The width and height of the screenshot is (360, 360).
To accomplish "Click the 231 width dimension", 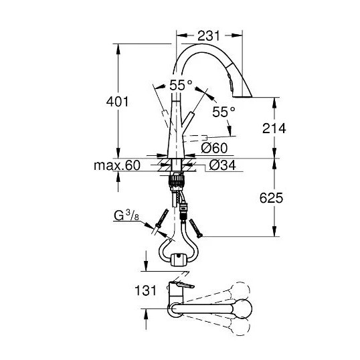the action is coord(209,36).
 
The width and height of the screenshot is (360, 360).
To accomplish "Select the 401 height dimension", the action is coord(117,102).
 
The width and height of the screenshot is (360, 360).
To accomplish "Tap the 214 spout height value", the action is coord(274,128).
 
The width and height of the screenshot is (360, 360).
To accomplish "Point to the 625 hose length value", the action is coord(271,198).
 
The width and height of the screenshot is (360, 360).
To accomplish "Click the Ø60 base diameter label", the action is coord(214,148).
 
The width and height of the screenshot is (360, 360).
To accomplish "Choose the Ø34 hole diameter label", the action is coord(222,165).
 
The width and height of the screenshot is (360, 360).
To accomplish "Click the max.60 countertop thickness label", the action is coord(117,165).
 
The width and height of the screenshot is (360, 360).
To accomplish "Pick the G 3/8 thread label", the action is coord(126,216).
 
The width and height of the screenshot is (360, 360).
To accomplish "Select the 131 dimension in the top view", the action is coord(146,290).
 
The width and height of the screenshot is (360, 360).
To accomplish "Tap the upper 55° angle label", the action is coord(181,85).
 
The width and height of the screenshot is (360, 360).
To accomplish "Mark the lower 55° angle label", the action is coord(223,112).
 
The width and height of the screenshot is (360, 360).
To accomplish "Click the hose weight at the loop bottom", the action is coord(179,260).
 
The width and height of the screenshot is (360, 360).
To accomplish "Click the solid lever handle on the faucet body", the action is coord(187,120).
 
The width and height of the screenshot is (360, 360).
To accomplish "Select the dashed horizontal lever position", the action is coord(195,139).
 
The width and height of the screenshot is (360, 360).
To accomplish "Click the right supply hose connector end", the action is coord(196,229).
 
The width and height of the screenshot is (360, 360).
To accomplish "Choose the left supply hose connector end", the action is coord(162,218).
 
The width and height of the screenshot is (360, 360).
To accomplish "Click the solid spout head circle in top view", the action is coord(243,308).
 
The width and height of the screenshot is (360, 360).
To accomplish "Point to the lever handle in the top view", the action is coord(182,284).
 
